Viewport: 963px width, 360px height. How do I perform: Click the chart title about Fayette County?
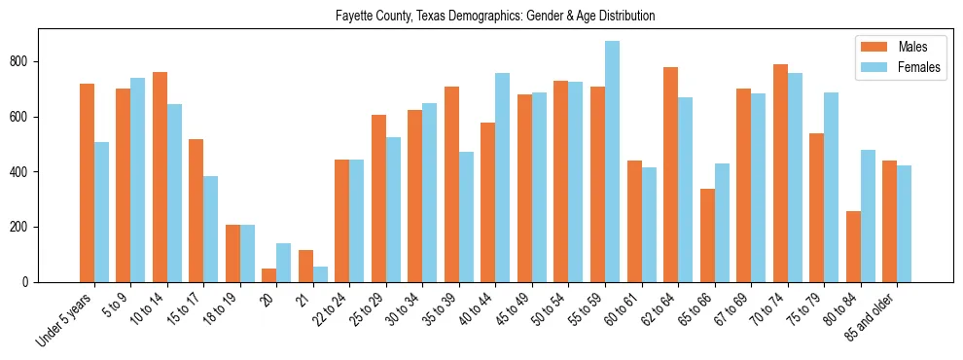coord(495,17)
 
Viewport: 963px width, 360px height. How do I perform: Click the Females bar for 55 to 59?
coord(612,162)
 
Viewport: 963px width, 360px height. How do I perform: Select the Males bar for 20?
coord(269,275)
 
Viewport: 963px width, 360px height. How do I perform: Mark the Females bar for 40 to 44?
coord(503,177)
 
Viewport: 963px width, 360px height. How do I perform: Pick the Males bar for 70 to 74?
coord(780,173)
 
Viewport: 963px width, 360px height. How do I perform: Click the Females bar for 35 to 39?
coord(466,217)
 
